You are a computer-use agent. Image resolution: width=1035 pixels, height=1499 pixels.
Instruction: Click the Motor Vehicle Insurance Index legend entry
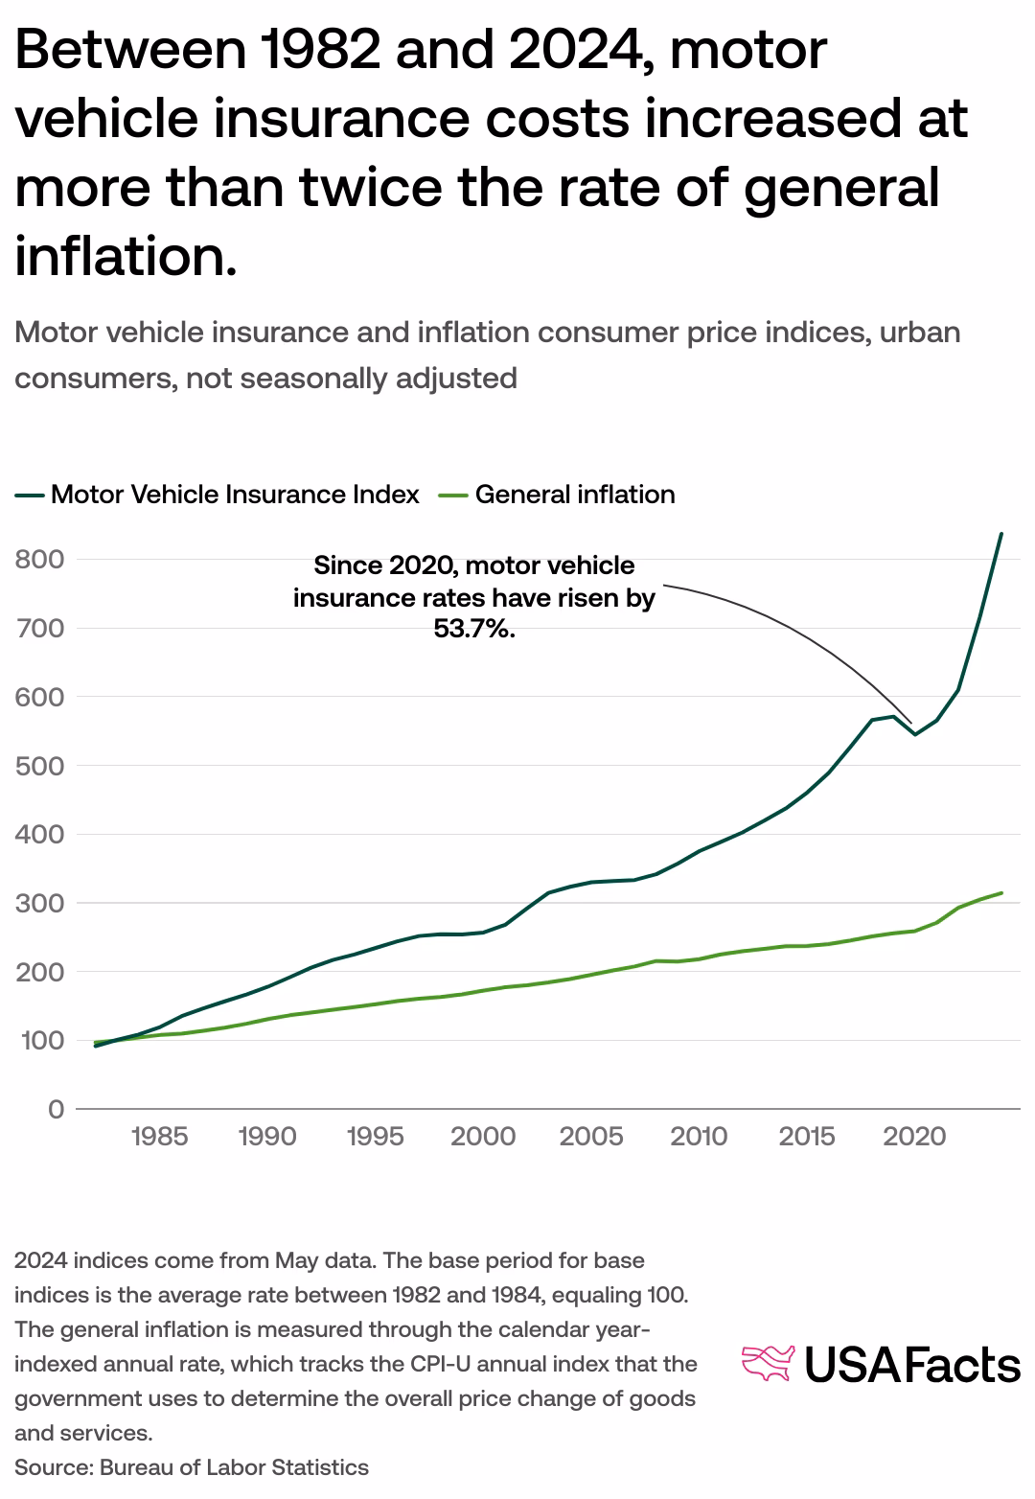(235, 495)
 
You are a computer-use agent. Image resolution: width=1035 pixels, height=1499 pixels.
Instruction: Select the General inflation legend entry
(574, 495)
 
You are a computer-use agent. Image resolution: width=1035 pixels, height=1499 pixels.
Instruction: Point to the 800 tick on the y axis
(39, 559)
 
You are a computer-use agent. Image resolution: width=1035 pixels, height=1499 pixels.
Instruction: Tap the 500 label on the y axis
(39, 766)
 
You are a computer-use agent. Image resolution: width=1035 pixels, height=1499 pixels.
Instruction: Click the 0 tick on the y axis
(56, 1109)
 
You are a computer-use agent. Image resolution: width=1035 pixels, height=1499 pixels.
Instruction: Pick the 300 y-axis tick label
(39, 903)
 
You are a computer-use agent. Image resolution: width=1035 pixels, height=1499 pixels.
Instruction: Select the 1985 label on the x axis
(159, 1137)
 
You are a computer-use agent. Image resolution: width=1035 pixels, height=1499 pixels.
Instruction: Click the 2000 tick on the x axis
(483, 1137)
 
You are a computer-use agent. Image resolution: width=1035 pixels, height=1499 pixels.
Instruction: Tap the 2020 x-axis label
(914, 1137)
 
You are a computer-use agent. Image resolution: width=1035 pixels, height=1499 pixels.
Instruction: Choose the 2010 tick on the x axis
(699, 1137)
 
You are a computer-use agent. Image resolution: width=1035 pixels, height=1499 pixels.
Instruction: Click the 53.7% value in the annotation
(474, 631)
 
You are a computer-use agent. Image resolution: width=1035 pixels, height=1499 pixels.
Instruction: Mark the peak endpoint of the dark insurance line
(1001, 533)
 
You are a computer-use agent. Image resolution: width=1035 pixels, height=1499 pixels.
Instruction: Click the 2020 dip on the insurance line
(915, 734)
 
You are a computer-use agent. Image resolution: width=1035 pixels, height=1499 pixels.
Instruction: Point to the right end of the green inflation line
(1001, 893)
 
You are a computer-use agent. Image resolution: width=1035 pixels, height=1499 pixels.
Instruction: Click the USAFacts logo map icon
(769, 1364)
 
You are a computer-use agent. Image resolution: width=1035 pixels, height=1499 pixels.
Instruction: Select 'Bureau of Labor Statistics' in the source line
(234, 1467)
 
